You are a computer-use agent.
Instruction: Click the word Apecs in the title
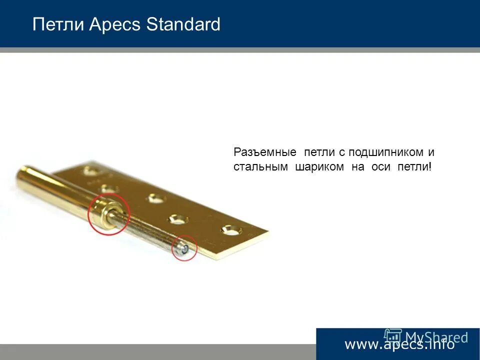tap(115, 24)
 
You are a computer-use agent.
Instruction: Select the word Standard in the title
tap(183, 24)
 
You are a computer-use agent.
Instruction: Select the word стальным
tap(260, 167)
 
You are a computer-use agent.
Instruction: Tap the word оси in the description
tap(381, 167)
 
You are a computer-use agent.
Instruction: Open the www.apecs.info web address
tap(399, 344)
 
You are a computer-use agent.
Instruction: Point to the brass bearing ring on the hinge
tap(107, 214)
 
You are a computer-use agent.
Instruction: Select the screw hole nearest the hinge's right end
tap(231, 230)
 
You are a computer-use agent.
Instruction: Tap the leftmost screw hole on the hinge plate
tap(91, 171)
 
